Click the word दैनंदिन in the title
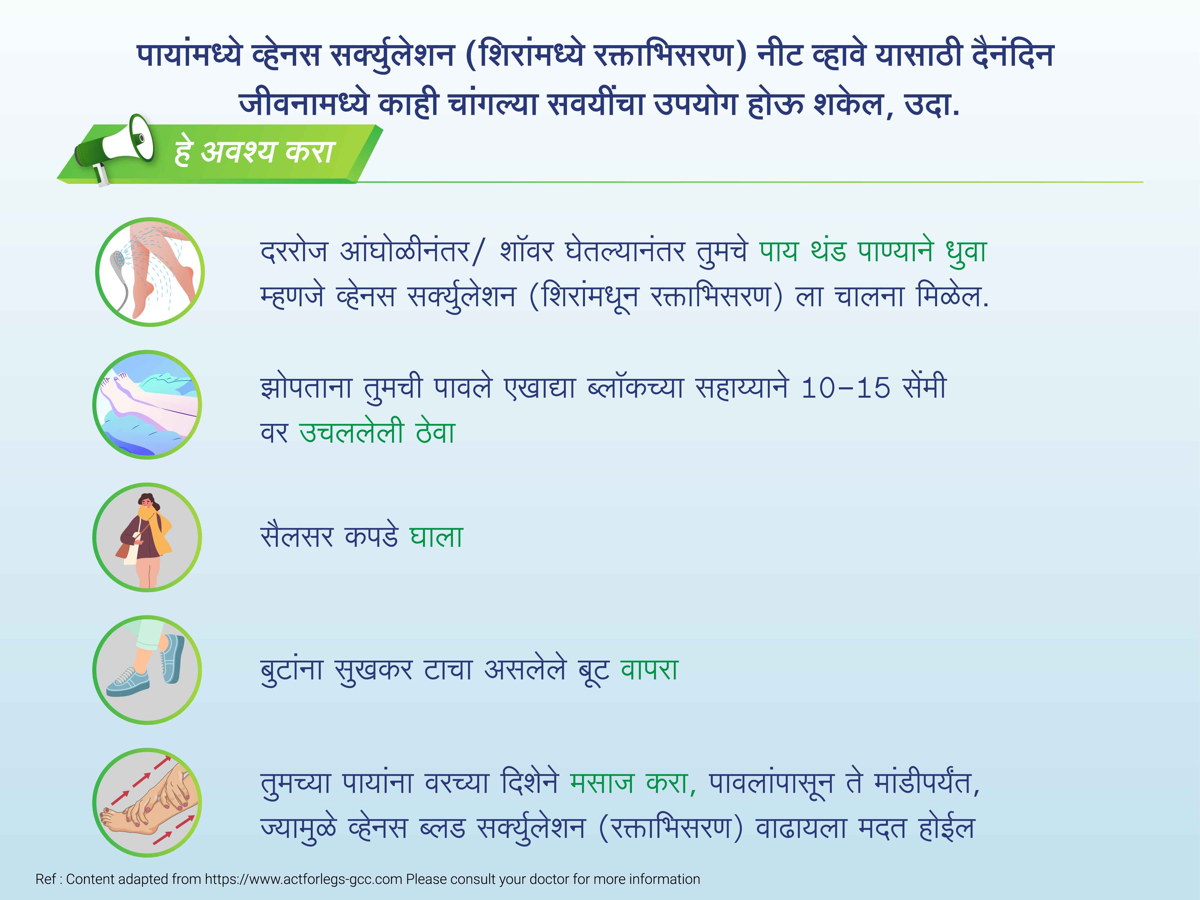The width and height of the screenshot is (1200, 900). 1013,55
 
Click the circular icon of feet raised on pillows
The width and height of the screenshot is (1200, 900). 148,405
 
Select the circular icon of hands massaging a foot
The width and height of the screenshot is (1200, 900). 148,803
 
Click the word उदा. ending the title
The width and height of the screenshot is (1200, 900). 931,105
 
